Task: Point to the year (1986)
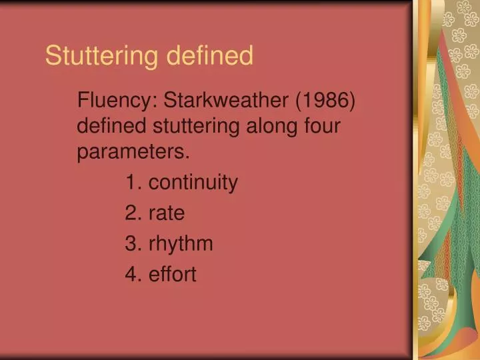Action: click(326, 101)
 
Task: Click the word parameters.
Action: click(133, 152)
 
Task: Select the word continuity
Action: click(193, 183)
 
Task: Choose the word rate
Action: click(167, 213)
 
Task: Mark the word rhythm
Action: click(181, 244)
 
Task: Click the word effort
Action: click(173, 274)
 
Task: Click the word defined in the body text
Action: click(113, 127)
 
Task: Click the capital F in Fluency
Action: click(83, 101)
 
